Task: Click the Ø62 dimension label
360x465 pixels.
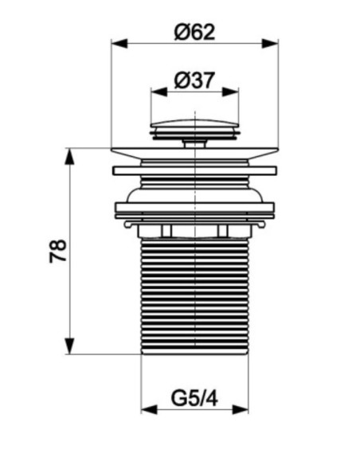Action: [194, 32]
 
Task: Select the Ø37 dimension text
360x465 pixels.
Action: [194, 80]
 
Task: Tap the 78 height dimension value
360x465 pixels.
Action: [58, 251]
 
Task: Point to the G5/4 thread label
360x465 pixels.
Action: [194, 398]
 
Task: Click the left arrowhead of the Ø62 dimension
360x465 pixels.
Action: [119, 43]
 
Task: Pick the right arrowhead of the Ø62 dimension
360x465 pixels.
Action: [270, 43]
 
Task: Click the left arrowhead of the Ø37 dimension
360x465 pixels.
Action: [159, 92]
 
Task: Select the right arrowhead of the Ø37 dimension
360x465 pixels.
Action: [230, 92]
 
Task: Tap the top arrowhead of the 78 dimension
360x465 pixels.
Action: [69, 156]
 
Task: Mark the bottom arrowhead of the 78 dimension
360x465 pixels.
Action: [69, 346]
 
